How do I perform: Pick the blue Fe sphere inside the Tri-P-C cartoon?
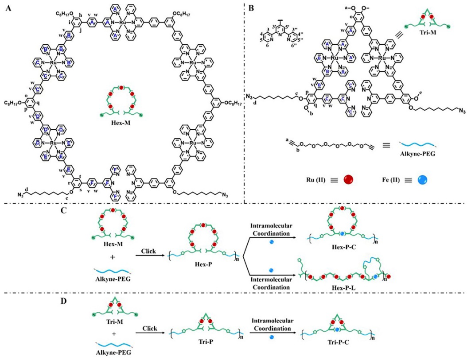tap(338, 330)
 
